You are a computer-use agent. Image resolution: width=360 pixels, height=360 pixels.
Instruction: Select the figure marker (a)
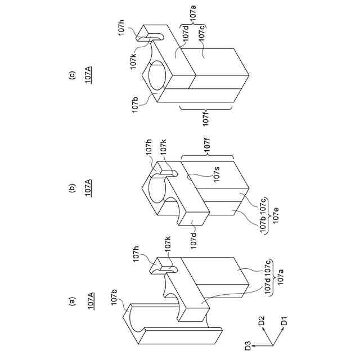71,301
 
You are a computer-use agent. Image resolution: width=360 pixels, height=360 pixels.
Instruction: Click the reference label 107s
216,177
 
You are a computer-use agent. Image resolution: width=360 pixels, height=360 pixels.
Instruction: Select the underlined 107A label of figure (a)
90,301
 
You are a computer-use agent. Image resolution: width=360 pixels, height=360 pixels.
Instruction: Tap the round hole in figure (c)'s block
159,78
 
